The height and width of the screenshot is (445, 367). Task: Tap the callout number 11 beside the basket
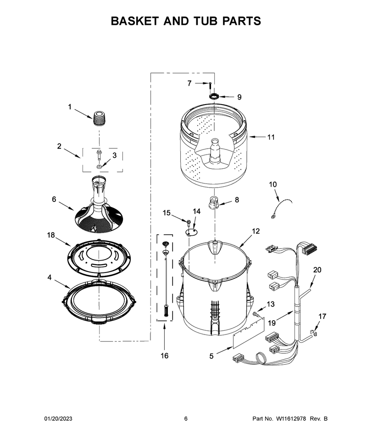tap(271, 137)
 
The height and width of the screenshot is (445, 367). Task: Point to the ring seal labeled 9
tap(214, 96)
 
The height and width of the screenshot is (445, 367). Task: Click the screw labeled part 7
tap(210, 85)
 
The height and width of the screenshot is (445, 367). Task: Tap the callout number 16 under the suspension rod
tap(165, 356)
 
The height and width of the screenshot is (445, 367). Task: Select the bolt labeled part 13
tap(255, 314)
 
